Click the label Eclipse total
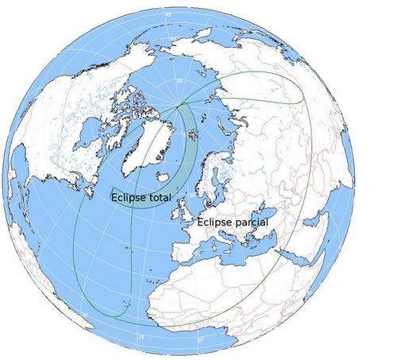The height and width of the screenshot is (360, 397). (142, 197)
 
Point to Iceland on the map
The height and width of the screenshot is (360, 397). (164, 177)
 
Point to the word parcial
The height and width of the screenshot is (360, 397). (252, 223)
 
